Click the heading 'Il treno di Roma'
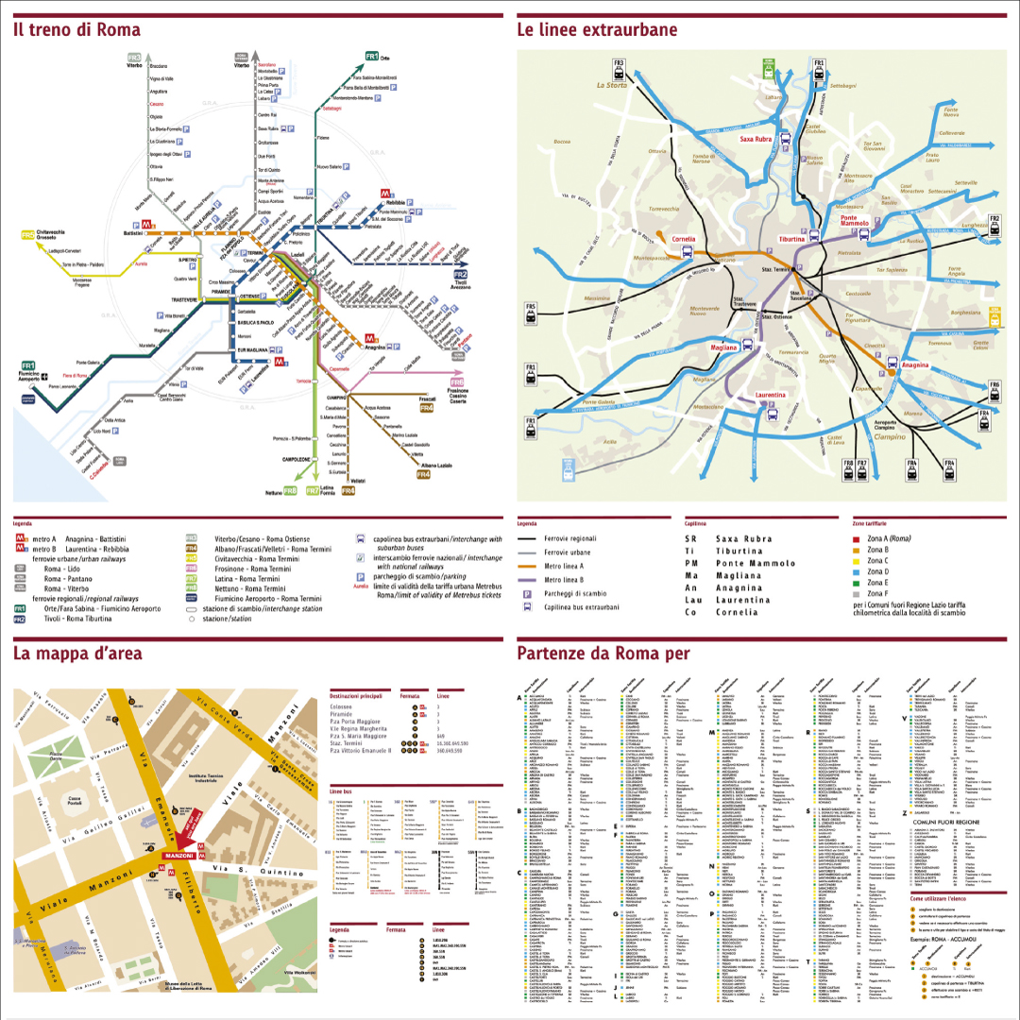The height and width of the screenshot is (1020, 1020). pyautogui.click(x=76, y=29)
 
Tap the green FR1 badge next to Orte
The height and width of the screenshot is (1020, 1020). pyautogui.click(x=372, y=57)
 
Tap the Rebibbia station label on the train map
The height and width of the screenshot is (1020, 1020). pyautogui.click(x=395, y=203)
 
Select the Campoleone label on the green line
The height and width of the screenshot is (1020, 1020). pyautogui.click(x=292, y=459)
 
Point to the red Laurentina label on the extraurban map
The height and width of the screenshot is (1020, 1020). pyautogui.click(x=771, y=396)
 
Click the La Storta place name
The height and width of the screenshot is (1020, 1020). pyautogui.click(x=611, y=85)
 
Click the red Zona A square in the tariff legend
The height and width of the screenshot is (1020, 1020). pyautogui.click(x=856, y=538)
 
